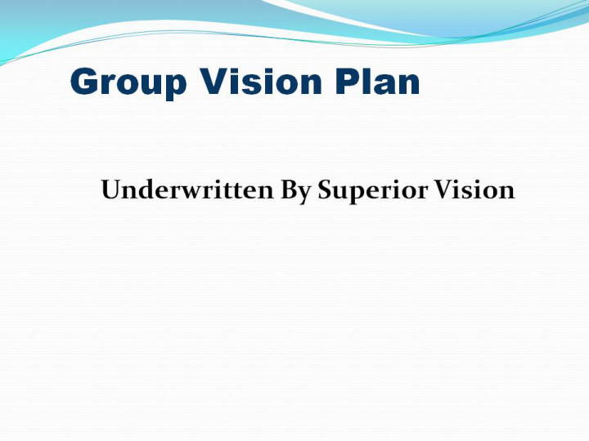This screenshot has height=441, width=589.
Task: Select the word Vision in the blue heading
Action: click(x=261, y=81)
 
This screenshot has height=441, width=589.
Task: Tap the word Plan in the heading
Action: click(x=377, y=81)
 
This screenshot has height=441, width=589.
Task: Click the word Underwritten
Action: click(x=187, y=189)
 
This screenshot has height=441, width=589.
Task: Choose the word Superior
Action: click(x=373, y=192)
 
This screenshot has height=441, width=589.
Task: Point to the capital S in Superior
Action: click(x=326, y=189)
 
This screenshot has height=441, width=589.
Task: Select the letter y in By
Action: click(x=305, y=195)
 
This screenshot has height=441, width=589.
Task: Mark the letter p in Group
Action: click(x=175, y=87)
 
